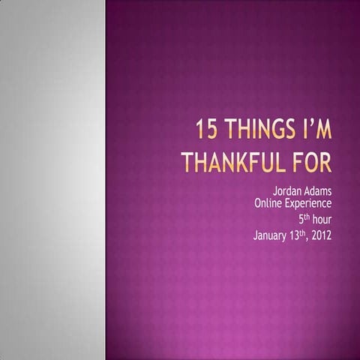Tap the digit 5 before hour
302,220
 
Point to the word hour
322,220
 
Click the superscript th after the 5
307,217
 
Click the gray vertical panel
52,180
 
